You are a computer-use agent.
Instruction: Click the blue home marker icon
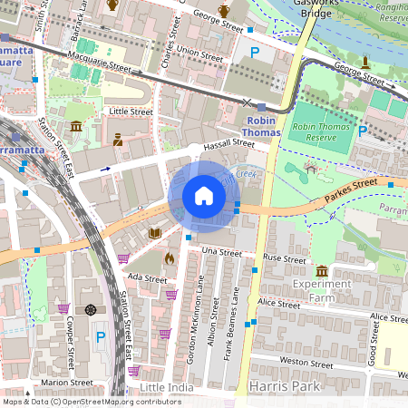[204, 196]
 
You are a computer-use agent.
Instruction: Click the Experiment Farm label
[326, 289]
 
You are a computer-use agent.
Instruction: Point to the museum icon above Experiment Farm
[322, 271]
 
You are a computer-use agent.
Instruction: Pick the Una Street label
[222, 249]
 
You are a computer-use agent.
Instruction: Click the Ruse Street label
[284, 258]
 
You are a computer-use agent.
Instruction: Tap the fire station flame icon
[169, 258]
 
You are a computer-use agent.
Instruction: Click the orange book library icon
[154, 234]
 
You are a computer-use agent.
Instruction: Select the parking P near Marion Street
[101, 336]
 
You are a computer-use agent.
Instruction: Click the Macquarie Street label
[110, 65]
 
